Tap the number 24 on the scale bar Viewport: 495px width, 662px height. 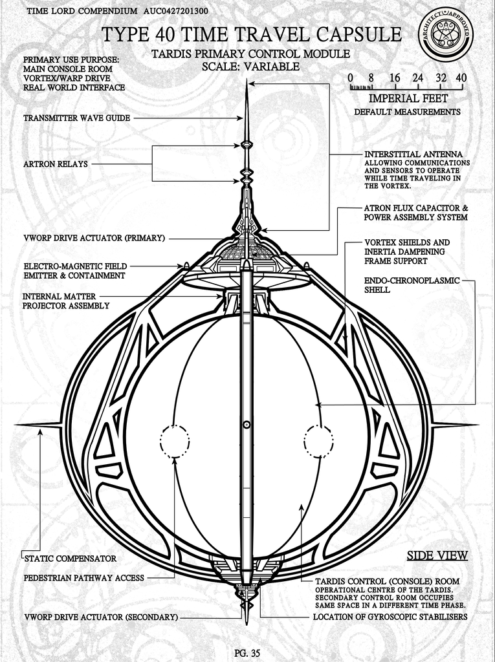tap(417, 78)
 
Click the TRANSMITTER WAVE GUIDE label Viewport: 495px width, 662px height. tap(76, 118)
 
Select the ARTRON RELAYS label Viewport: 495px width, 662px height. tap(56, 164)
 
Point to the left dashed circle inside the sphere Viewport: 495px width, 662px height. tap(175, 442)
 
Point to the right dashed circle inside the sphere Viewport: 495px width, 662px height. tap(319, 442)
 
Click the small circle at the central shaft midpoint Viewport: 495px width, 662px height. tap(247, 425)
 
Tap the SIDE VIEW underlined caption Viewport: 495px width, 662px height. tap(437, 555)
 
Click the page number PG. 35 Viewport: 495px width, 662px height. tap(247, 653)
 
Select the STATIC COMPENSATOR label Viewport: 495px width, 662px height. tap(70, 559)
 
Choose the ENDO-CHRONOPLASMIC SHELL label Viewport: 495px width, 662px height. tap(412, 285)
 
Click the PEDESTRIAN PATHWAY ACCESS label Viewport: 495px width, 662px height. tap(83, 578)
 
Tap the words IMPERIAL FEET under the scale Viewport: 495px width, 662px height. tap(408, 98)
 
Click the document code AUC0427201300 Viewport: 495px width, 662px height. tap(175, 11)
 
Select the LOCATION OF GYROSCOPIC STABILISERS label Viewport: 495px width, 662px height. tap(390, 617)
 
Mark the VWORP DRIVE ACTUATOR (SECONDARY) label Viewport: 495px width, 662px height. tap(101, 617)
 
